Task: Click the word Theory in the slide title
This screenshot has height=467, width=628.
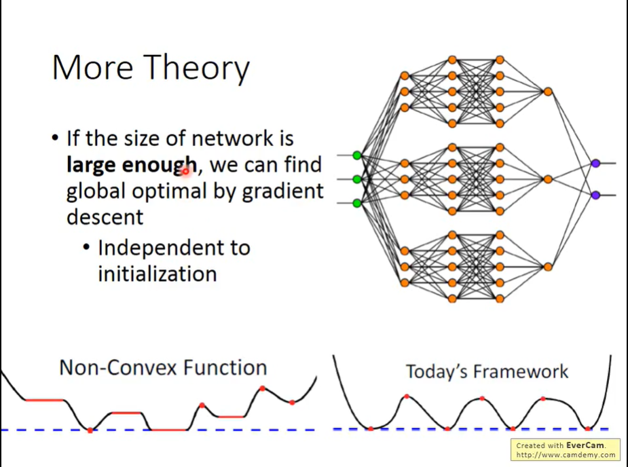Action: click(x=198, y=69)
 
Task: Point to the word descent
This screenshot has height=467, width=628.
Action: click(x=105, y=217)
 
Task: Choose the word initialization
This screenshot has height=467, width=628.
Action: click(x=158, y=274)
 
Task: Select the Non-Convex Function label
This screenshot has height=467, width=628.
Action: click(x=163, y=368)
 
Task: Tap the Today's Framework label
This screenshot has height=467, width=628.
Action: click(x=487, y=371)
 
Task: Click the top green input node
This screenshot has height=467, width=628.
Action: click(x=357, y=155)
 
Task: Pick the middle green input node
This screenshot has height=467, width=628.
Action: click(x=357, y=179)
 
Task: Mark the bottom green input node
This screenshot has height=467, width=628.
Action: click(x=357, y=202)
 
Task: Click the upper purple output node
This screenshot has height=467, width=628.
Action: click(x=595, y=163)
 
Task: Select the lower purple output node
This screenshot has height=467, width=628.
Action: click(x=595, y=195)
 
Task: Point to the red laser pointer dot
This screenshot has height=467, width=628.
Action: click(x=185, y=171)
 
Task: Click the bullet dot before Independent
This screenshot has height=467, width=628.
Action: click(x=86, y=248)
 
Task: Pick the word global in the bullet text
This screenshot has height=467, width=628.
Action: click(x=96, y=191)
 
